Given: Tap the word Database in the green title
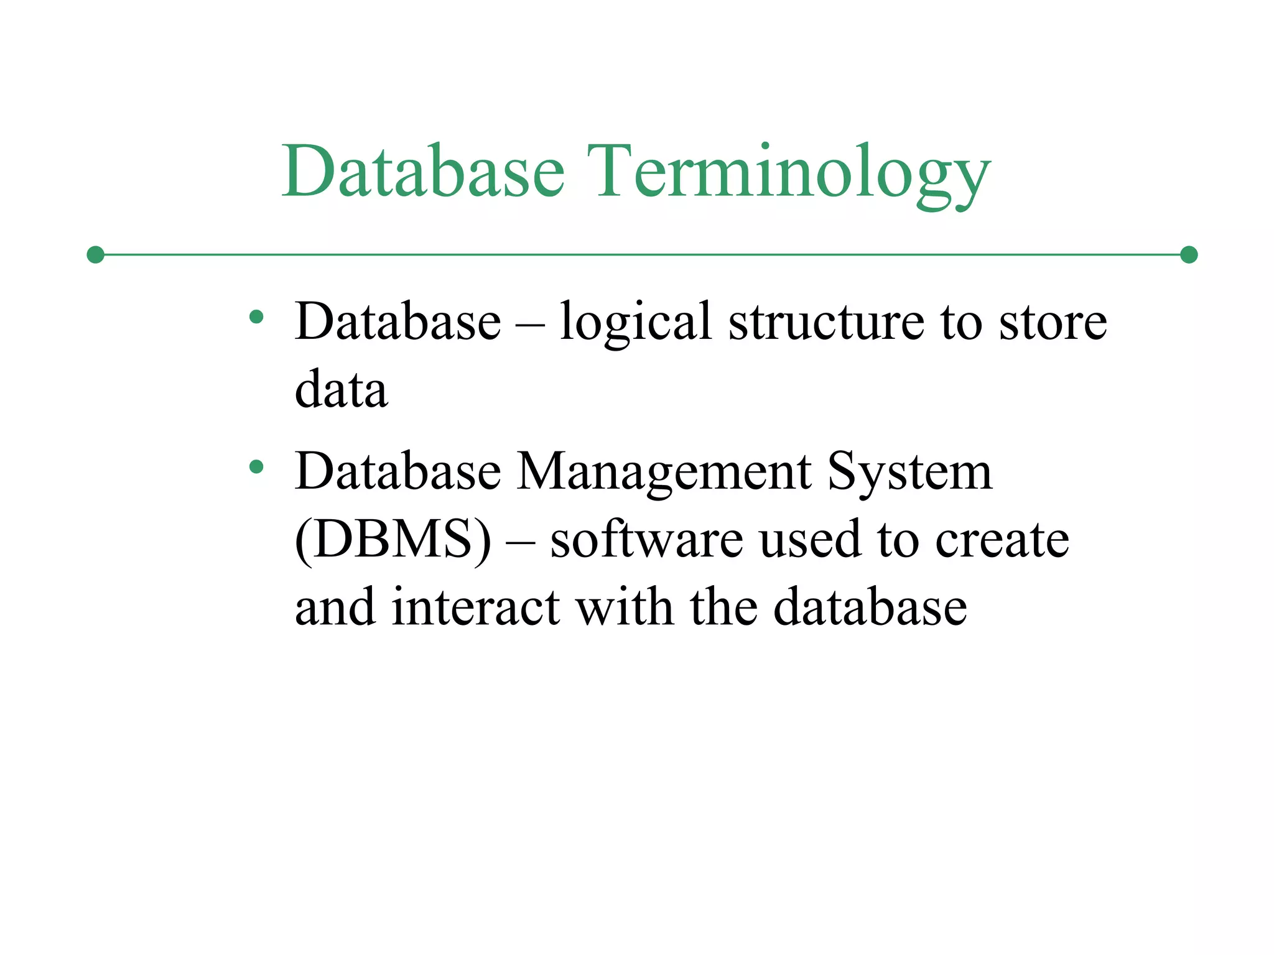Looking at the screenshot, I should coord(423,171).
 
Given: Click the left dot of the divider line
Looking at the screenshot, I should coord(95,255).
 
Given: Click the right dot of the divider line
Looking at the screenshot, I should coord(1189,255).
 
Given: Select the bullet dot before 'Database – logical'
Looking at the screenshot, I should coord(256,318).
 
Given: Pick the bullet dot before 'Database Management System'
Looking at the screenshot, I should coord(256,466).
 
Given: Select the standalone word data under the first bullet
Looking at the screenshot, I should coord(341,390).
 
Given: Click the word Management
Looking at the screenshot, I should coord(664,473).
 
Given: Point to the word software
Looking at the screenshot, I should coord(647,539).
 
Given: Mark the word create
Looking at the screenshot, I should coord(1002,539).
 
